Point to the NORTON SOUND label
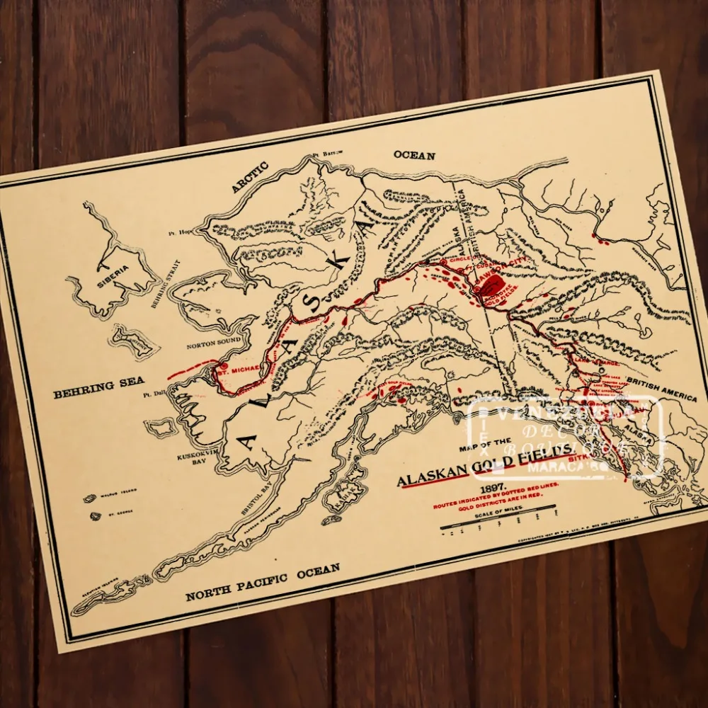(215, 346)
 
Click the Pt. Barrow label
(326, 153)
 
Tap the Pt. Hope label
(181, 232)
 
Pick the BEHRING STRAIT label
(166, 284)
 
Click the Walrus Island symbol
(91, 498)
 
